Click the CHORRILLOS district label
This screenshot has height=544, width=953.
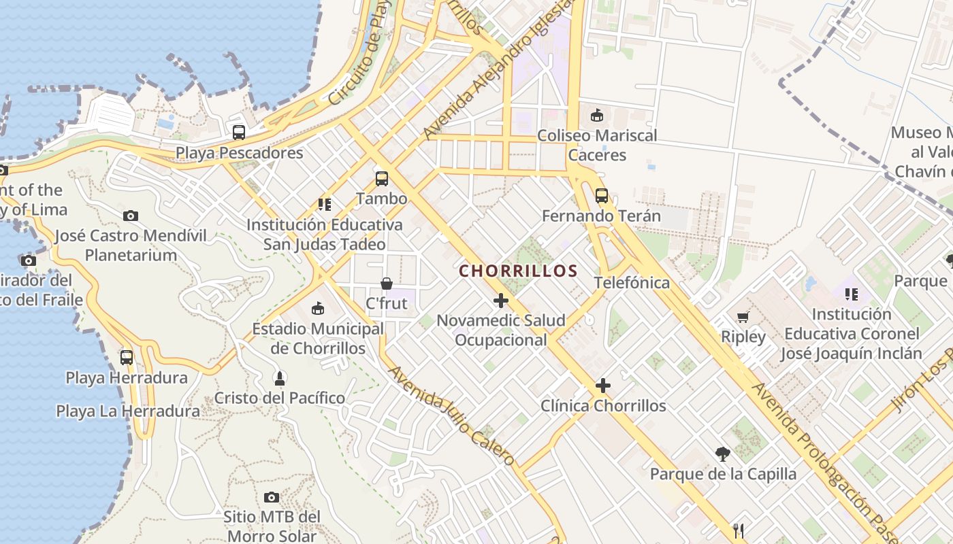(x=518, y=271)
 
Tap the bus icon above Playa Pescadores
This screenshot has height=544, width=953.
(x=238, y=133)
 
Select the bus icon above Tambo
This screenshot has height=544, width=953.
(x=382, y=179)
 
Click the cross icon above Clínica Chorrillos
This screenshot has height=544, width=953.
(x=602, y=386)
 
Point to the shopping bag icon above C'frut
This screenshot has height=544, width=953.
(x=387, y=283)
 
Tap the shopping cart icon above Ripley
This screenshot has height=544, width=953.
(x=743, y=317)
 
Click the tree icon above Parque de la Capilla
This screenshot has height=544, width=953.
(x=723, y=454)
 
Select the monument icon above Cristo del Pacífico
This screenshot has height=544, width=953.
(x=279, y=377)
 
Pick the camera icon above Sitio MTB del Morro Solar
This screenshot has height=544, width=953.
(x=272, y=498)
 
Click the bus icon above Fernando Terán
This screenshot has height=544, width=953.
(x=601, y=196)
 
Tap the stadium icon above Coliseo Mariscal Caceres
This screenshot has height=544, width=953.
(x=597, y=115)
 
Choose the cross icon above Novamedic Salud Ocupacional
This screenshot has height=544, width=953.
(x=501, y=300)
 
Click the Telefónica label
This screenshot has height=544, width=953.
(x=632, y=282)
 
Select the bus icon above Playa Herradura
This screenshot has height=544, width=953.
(x=127, y=357)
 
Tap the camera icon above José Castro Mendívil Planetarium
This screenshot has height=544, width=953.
(x=131, y=216)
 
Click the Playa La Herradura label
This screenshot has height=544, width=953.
(x=128, y=411)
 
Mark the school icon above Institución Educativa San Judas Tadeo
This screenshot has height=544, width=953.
(x=325, y=204)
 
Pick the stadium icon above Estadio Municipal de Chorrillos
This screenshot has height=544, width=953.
(x=318, y=309)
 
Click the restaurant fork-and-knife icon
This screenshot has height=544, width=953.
(x=738, y=530)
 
